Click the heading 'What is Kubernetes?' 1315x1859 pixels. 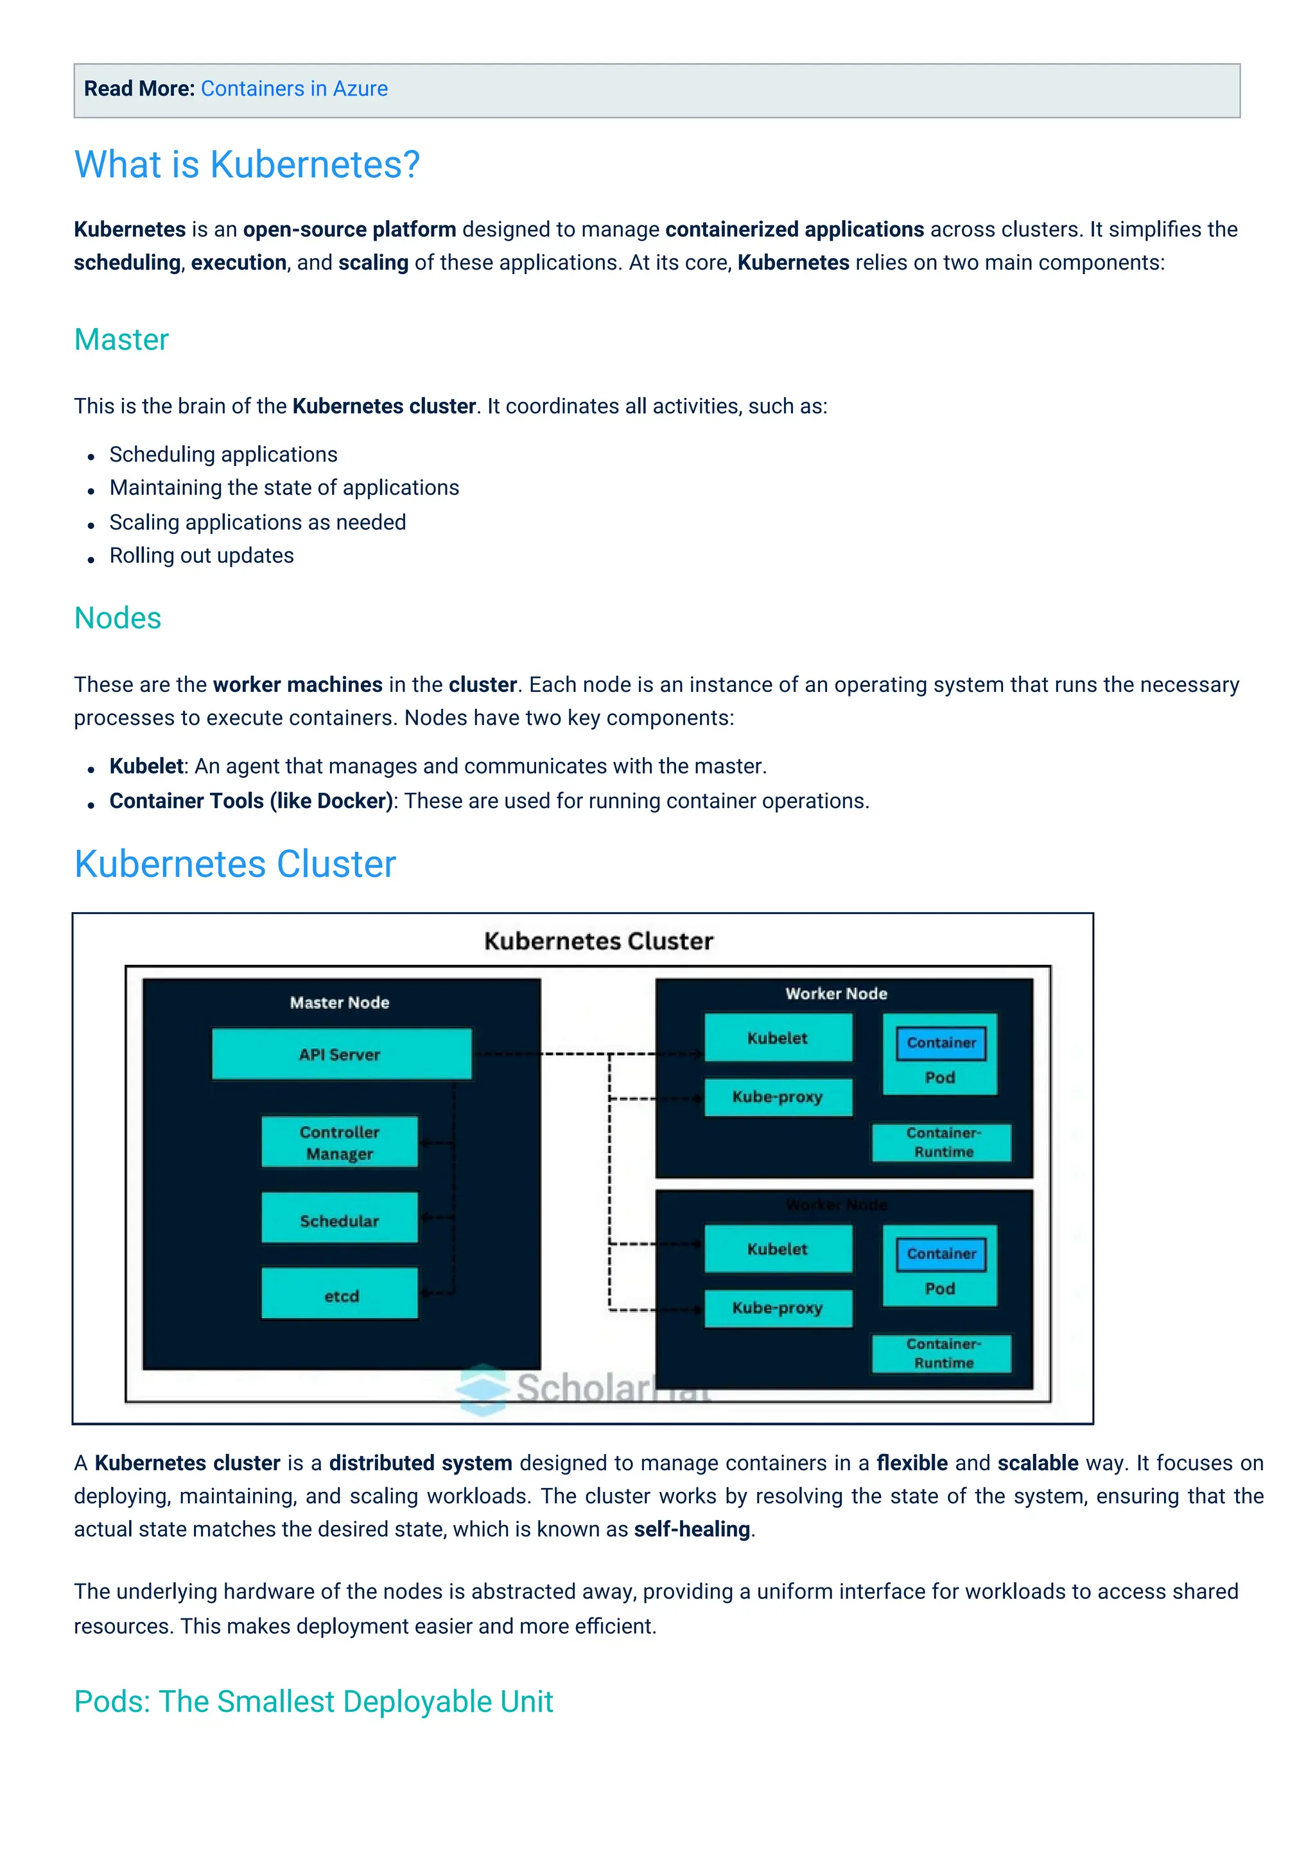click(x=247, y=164)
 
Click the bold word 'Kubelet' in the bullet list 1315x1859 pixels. click(x=146, y=766)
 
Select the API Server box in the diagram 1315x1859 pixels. click(x=341, y=1054)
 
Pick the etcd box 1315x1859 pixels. click(x=340, y=1295)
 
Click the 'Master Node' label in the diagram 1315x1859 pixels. click(x=339, y=1003)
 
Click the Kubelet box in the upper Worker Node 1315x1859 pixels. click(x=778, y=1038)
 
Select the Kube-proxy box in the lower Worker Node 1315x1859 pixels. click(x=778, y=1308)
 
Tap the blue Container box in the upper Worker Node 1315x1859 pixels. click(x=941, y=1043)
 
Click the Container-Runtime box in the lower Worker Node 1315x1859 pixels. click(x=943, y=1353)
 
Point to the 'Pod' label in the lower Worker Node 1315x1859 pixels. click(x=939, y=1288)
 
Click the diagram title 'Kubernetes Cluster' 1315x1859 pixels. click(x=598, y=941)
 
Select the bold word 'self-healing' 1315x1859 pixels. click(x=692, y=1530)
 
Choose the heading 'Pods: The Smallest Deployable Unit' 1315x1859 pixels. click(x=313, y=1701)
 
